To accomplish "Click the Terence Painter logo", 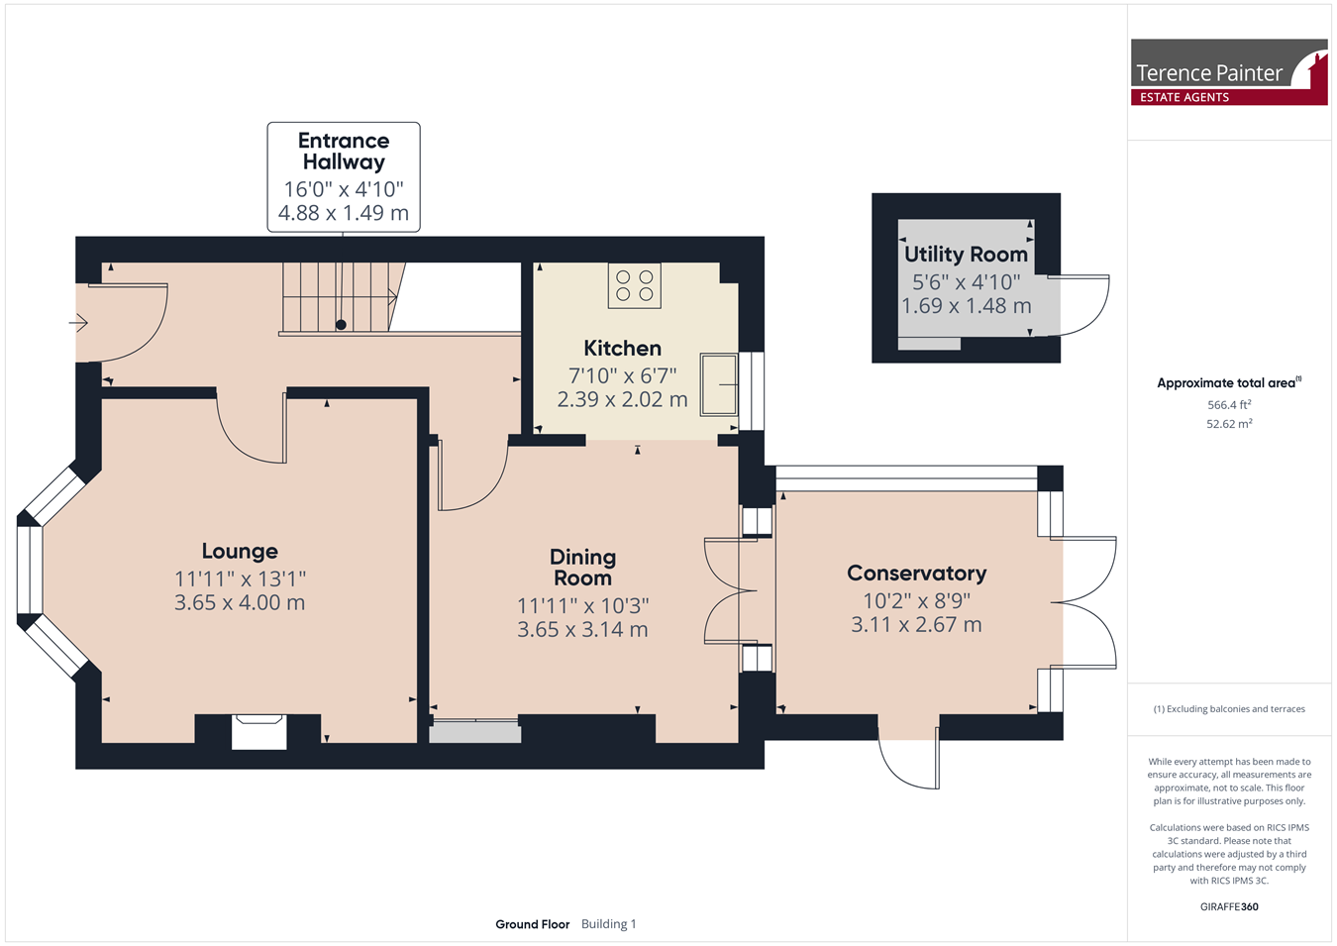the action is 1229,72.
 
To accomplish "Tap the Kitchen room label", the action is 622,348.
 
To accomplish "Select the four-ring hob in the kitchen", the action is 634,285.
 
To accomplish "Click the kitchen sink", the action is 719,384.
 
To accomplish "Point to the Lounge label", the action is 240,551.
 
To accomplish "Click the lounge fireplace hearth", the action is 259,732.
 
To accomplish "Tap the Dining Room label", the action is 582,568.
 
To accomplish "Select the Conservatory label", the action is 916,573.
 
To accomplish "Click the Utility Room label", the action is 966,255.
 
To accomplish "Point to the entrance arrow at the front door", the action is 78,323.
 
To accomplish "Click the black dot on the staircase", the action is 341,325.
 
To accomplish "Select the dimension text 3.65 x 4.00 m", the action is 240,602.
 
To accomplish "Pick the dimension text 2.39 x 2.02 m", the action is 622,399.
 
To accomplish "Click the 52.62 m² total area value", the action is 1229,424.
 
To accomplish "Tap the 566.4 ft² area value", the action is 1229,405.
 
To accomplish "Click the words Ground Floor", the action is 533,924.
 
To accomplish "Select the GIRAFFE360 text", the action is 1229,906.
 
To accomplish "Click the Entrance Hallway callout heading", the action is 344,151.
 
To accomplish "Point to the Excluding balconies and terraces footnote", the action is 1229,709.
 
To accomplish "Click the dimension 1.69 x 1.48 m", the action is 966,305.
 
